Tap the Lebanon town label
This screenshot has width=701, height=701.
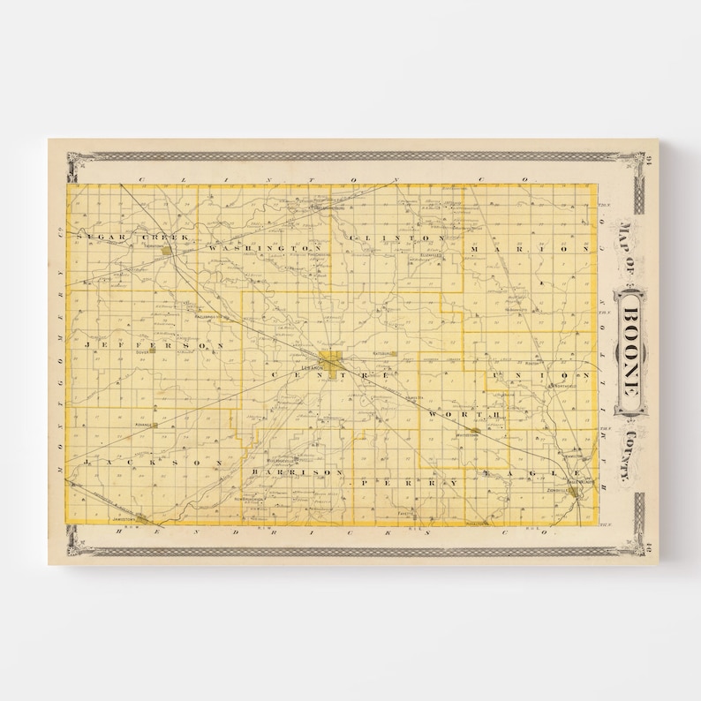(x=308, y=366)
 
